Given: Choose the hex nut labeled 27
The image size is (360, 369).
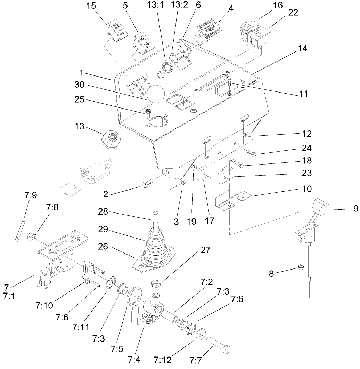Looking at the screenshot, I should tap(156, 283).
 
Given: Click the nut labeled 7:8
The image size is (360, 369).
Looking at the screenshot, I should tap(31, 237).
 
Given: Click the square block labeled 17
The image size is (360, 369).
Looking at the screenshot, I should tap(202, 173).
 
